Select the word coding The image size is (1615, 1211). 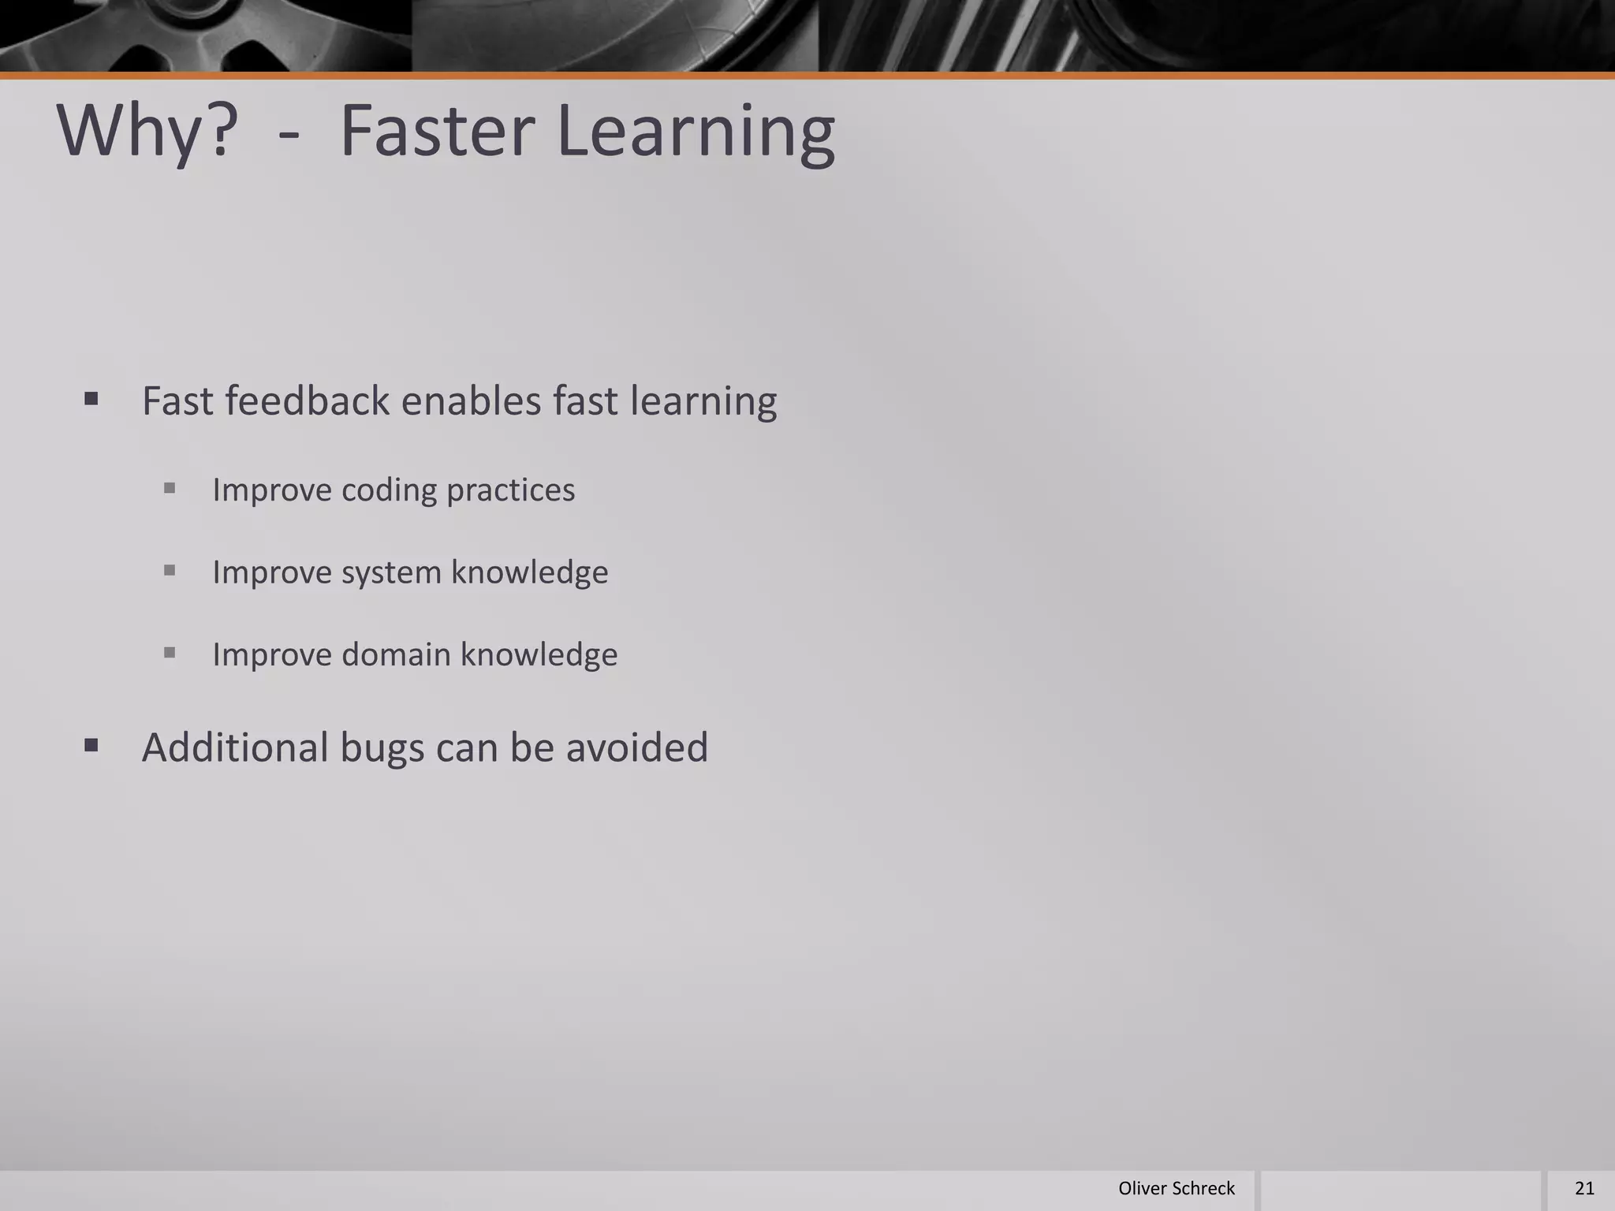pos(389,490)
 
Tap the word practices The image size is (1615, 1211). pos(510,490)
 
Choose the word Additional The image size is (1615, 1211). pos(235,747)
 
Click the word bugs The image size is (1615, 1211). pos(382,747)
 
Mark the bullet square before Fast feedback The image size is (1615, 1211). pos(91,399)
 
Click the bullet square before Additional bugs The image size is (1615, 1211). pos(91,745)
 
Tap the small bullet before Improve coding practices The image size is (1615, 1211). pos(170,488)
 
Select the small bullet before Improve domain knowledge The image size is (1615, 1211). pos(170,652)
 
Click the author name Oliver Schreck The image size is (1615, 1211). pos(1176,1188)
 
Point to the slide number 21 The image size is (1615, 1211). pos(1584,1188)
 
